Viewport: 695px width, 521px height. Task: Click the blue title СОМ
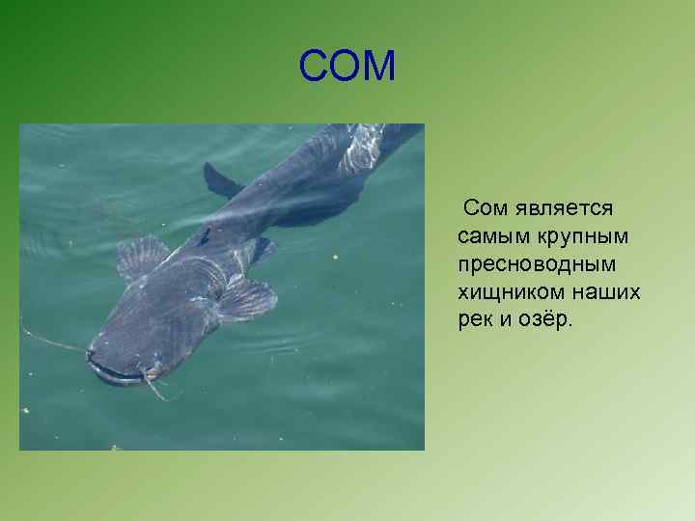tap(347, 67)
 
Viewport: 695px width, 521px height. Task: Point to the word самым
tap(489, 235)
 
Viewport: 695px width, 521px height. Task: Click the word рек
tap(475, 319)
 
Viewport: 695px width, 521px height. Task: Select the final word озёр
tap(544, 319)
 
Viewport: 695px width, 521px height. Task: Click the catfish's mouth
tap(116, 371)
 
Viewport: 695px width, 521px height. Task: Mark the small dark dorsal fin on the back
tap(204, 235)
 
